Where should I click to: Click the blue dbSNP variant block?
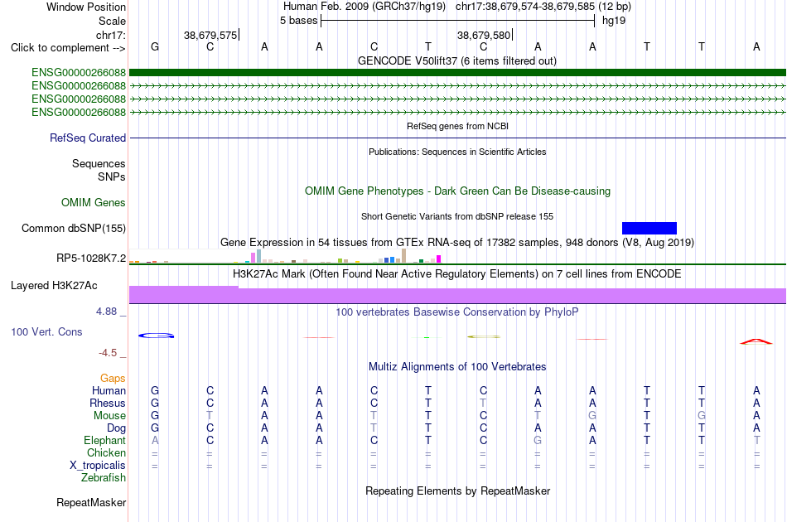point(649,229)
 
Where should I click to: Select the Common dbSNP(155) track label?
point(74,229)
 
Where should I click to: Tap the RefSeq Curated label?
point(88,138)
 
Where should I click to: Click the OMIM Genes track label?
point(94,203)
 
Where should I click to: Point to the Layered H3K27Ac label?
point(54,286)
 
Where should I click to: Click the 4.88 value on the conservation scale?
point(106,312)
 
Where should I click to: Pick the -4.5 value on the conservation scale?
point(108,353)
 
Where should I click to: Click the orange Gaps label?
point(113,379)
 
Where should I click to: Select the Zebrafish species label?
point(104,478)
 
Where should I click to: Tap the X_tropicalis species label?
point(98,466)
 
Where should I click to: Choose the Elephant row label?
point(105,441)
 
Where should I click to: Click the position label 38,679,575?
point(210,35)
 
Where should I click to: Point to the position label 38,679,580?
point(484,35)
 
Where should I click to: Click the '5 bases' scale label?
point(298,21)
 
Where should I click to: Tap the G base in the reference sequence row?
point(155,47)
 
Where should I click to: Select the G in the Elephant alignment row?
point(538,441)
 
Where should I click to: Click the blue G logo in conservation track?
point(156,336)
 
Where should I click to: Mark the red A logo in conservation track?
point(756,342)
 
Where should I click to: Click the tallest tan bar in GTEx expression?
point(403,256)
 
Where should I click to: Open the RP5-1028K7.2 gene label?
point(91,259)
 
